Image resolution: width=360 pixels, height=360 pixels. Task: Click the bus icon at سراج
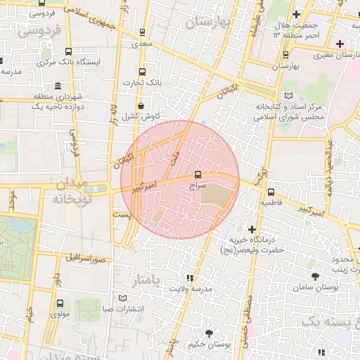[197, 174]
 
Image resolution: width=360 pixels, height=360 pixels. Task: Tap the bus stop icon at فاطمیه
[271, 191]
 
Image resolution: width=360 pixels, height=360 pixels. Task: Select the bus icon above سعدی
[143, 32]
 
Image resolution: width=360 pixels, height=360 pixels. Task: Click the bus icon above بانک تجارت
[143, 72]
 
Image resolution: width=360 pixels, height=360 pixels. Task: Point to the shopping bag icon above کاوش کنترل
[141, 105]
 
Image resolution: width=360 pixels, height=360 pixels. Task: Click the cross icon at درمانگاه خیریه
[252, 229]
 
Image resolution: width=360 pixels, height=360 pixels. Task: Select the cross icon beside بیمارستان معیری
[339, 44]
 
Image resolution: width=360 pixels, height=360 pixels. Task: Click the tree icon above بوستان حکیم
[208, 333]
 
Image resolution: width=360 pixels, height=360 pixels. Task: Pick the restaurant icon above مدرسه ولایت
[189, 278]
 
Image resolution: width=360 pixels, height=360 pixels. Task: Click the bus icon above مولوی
[59, 304]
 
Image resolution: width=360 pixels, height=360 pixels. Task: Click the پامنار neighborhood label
[146, 281]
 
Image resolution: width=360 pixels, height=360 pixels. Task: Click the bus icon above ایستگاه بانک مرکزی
[68, 51]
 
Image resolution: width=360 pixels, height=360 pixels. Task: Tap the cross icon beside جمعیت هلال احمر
[296, 14]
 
